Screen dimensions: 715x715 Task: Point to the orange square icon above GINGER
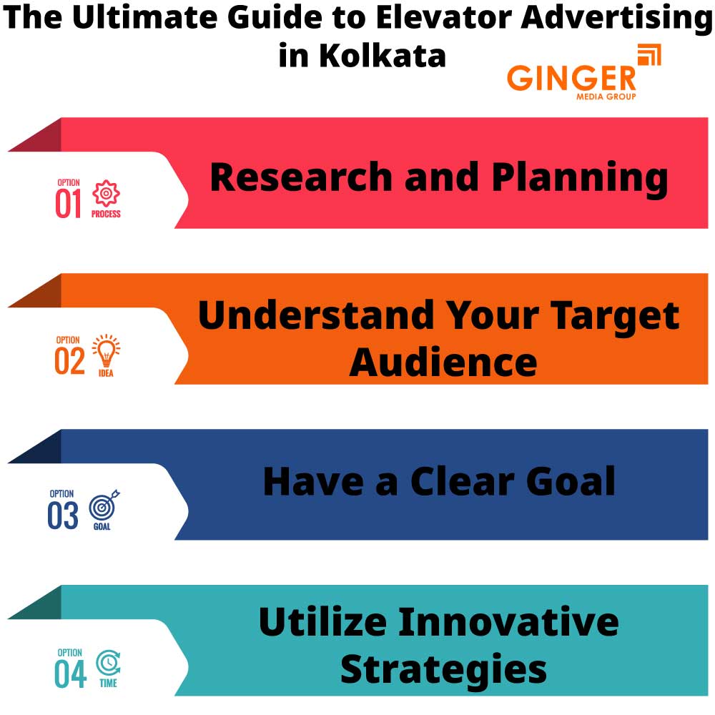coord(649,55)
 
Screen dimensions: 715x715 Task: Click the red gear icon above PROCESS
coord(106,194)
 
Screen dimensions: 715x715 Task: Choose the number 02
coord(69,360)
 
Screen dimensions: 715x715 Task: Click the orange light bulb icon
coord(106,350)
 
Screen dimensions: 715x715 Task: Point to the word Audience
coord(443,362)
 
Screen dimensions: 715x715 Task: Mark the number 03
coord(63,516)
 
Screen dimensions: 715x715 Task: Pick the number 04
coord(70,673)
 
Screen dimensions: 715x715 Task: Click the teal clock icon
coord(108,663)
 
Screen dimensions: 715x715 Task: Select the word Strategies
coord(443,669)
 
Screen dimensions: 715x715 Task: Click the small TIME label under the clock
coord(108,684)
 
